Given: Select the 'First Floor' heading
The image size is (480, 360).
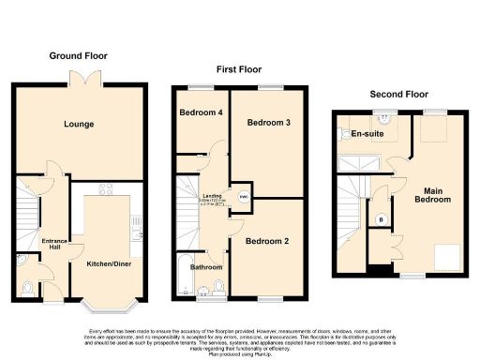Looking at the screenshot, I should [238, 70].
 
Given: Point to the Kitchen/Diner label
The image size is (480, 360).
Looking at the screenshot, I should [109, 265].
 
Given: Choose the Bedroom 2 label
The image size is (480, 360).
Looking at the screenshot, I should [267, 242].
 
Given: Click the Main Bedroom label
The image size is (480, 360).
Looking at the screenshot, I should [433, 194].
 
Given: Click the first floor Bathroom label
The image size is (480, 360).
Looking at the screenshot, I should [208, 267].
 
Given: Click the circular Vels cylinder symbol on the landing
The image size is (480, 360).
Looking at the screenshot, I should [243, 196].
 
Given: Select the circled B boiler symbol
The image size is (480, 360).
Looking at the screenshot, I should [380, 220].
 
